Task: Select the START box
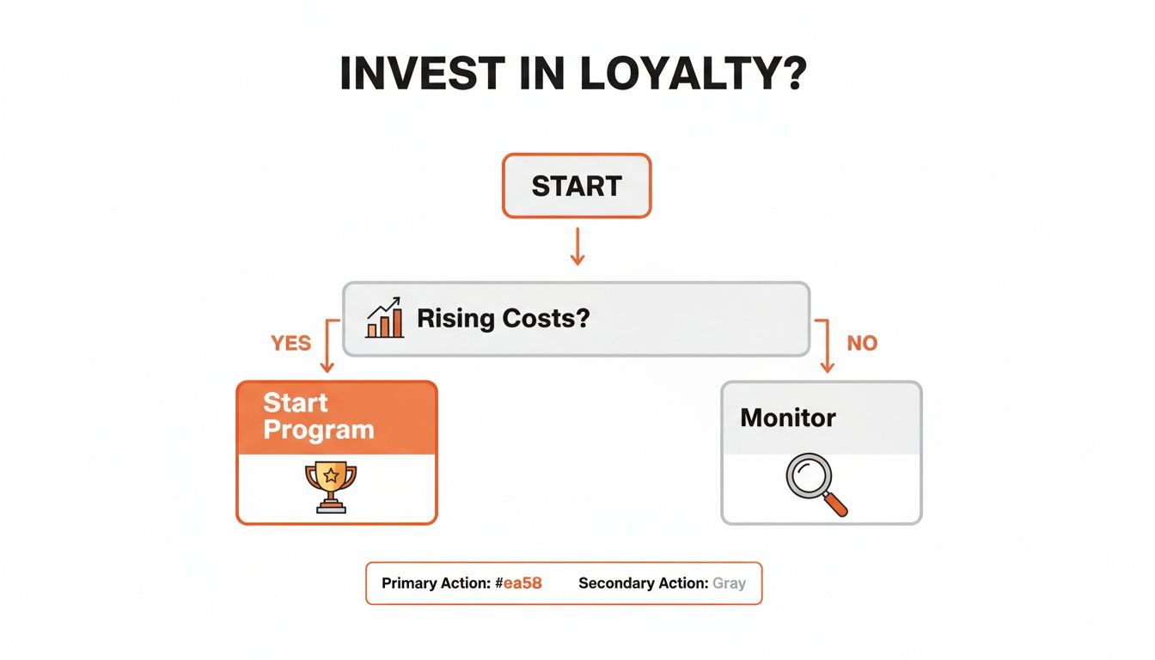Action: click(x=577, y=186)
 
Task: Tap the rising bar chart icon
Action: click(x=385, y=318)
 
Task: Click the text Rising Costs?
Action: click(x=504, y=319)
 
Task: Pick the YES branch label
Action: click(x=290, y=344)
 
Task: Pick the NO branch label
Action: click(x=862, y=344)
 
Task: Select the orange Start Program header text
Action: click(x=318, y=417)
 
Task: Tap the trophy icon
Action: click(x=331, y=486)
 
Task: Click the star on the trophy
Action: click(x=331, y=474)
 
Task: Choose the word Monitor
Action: click(x=788, y=419)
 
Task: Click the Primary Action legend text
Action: click(x=437, y=584)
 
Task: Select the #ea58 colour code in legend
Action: click(x=518, y=584)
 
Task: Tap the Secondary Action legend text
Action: click(x=643, y=584)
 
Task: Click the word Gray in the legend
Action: click(x=729, y=584)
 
